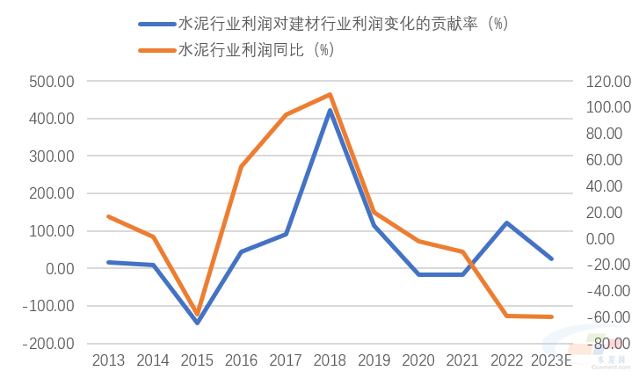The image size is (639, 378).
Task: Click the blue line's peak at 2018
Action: point(330,111)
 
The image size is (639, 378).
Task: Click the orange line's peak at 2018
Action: point(330,94)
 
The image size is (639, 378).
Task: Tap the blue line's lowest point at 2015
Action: point(197,323)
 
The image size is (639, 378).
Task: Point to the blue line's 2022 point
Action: point(507,223)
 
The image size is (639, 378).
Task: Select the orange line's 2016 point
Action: point(241,166)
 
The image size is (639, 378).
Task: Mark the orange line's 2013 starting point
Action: point(108,216)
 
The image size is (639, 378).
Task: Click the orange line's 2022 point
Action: point(507,316)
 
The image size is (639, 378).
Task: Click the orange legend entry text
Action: point(256,50)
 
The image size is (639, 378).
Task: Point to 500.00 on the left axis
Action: point(51,81)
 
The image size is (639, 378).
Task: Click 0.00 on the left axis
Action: point(58,269)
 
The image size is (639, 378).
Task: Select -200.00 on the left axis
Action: point(49,344)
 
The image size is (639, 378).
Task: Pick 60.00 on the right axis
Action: point(610,160)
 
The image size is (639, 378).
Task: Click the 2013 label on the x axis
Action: point(108,360)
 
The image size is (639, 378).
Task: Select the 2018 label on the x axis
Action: point(330,360)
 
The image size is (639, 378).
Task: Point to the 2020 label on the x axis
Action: point(418,360)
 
